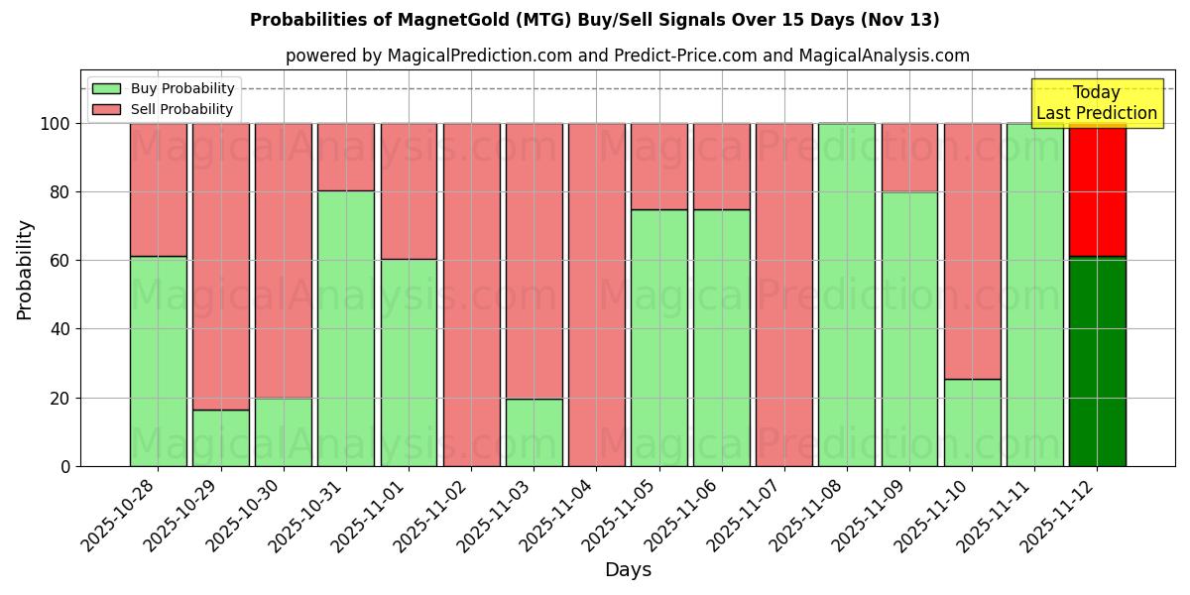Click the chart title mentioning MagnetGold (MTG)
594,20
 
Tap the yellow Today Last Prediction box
1096,103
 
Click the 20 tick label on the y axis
62,398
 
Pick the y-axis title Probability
25,269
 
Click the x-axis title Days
628,569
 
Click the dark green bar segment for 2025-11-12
1097,362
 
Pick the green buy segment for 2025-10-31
346,327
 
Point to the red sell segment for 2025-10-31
346,157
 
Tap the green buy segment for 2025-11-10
972,422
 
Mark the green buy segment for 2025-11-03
534,432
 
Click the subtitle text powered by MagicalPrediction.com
627,56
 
